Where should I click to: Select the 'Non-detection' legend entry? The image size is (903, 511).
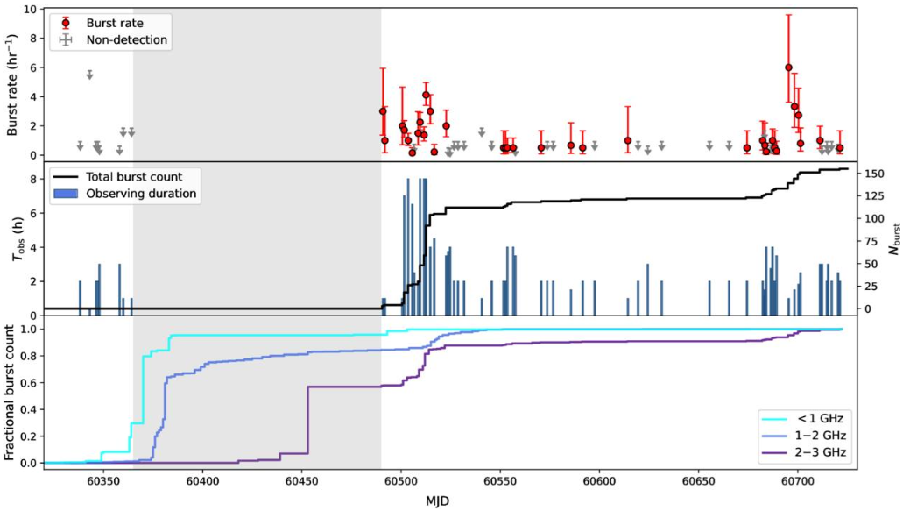pyautogui.click(x=127, y=39)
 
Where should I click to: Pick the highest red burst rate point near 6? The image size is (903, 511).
pyautogui.click(x=788, y=67)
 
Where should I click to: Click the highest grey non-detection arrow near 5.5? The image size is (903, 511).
pyautogui.click(x=89, y=75)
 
